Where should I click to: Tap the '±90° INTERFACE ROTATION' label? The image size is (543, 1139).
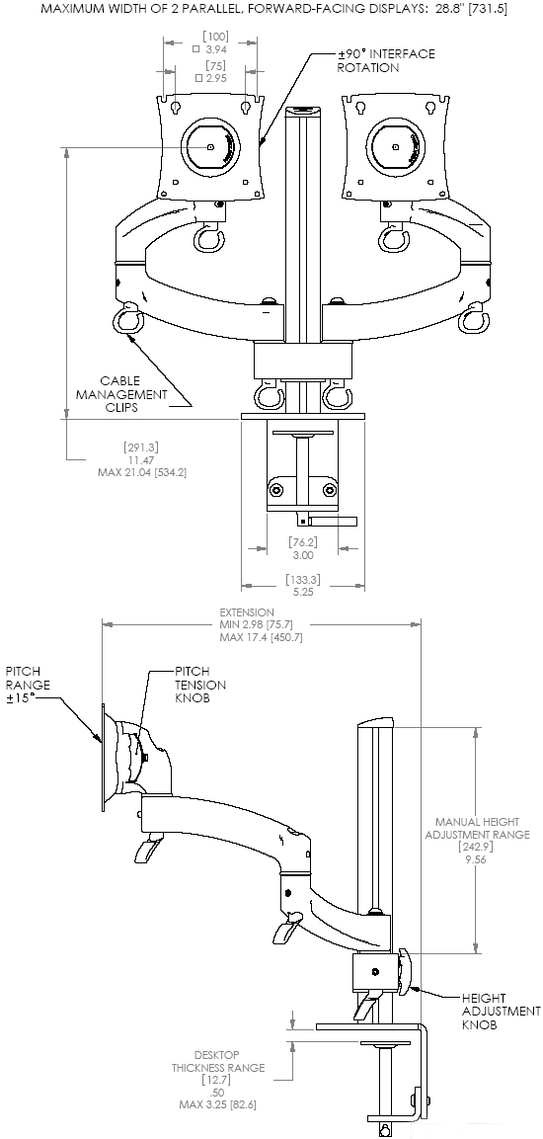(386, 60)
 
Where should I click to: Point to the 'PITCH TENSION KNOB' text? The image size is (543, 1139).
(200, 685)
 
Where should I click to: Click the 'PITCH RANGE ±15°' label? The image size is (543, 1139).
(28, 684)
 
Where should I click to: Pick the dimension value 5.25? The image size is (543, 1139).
(301, 592)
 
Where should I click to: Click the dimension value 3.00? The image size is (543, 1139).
(301, 555)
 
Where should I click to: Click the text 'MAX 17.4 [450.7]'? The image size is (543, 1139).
(261, 637)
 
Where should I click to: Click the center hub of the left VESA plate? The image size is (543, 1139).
(211, 146)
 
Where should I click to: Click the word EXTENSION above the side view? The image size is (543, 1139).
(247, 612)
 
